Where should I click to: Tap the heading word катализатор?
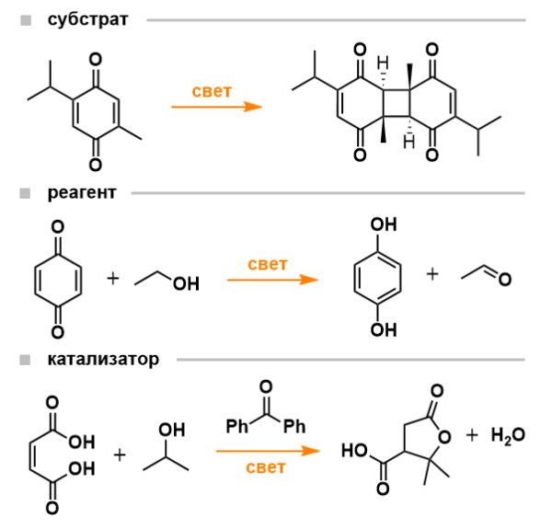click(102, 358)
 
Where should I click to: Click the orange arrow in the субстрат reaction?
click(217, 108)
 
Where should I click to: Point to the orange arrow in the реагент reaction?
click(271, 281)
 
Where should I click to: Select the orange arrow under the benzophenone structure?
click(268, 451)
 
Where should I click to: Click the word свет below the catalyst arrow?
click(266, 467)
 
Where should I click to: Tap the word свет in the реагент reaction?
click(268, 264)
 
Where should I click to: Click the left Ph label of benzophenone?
click(237, 428)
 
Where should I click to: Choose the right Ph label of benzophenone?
click(295, 428)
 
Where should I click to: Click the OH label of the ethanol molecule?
click(186, 284)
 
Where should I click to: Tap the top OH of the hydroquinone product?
click(383, 224)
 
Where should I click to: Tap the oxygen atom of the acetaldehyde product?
click(504, 280)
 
